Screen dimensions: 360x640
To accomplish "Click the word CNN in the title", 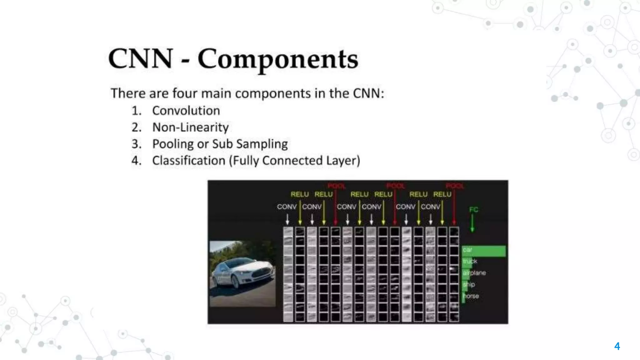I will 141,59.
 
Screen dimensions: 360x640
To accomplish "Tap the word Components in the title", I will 278,59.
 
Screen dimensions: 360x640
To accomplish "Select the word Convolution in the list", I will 186,111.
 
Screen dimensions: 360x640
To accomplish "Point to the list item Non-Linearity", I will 190,127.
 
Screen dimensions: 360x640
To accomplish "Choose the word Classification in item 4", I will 188,161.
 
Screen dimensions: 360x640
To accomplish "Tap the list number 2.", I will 136,127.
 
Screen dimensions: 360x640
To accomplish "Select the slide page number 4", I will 617,346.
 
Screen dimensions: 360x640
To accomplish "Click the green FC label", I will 473,210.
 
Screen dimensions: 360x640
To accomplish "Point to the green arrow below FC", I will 472,223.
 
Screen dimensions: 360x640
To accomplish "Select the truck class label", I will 470,261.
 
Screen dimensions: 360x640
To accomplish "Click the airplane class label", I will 474,273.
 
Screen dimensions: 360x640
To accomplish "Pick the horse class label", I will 471,296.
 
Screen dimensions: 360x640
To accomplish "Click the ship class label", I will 469,284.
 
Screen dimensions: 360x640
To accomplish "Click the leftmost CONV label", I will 287,207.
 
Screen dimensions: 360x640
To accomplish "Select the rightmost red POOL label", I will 455,186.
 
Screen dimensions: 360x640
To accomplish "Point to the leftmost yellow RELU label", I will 300,194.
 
